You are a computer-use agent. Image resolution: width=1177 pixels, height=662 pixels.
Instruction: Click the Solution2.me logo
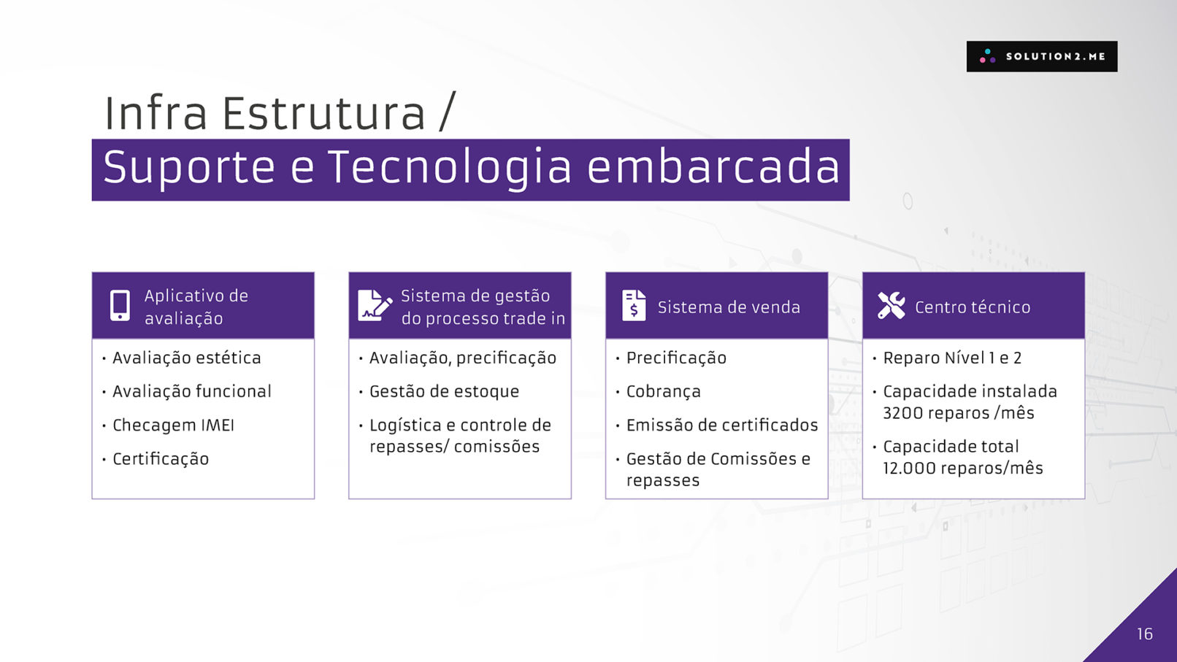coord(1041,56)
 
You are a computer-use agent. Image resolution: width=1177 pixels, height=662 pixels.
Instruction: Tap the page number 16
coord(1145,634)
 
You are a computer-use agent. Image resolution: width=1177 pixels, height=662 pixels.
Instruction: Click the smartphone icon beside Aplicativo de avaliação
coord(120,305)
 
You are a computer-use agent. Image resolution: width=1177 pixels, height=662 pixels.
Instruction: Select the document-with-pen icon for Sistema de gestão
coord(375,305)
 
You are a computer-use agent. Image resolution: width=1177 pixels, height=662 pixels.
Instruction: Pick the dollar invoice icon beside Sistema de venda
coord(634,305)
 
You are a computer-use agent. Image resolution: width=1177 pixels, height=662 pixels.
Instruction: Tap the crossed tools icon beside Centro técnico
coord(892,305)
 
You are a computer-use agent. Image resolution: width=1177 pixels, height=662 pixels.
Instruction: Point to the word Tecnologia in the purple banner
coord(450,167)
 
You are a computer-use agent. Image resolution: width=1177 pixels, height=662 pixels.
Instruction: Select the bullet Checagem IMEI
coord(173,425)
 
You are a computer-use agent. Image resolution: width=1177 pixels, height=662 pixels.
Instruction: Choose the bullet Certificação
coord(161,459)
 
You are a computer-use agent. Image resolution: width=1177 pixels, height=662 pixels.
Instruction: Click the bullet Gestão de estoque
coord(444,392)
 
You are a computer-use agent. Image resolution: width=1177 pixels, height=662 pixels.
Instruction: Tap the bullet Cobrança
coord(663,392)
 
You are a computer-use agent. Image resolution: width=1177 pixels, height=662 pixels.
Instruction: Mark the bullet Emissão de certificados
coord(722,425)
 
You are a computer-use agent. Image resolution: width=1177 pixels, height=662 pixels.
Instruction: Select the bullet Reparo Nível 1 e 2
coord(952,358)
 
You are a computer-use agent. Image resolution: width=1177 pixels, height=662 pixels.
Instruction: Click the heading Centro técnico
coord(973,307)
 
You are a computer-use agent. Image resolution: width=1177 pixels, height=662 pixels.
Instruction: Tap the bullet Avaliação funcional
coord(192,391)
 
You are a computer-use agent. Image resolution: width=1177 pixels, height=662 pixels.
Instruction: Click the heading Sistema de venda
coord(729,307)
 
